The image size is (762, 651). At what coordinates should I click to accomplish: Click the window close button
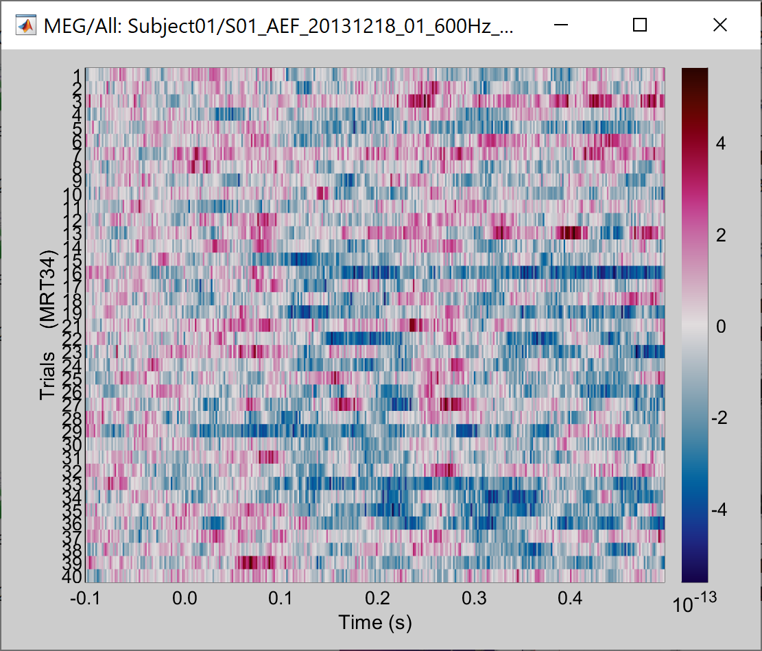point(719,25)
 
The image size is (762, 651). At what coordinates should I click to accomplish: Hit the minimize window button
point(561,25)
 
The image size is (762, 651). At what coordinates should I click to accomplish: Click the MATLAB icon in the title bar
point(27,26)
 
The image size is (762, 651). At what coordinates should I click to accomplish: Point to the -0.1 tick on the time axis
point(86,599)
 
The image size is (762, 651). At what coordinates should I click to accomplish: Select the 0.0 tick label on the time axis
point(184,599)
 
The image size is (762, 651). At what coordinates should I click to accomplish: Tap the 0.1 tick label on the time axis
point(280,599)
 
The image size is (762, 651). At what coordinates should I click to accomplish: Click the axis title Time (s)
point(374,622)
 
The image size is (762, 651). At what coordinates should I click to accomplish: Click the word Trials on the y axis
point(47,376)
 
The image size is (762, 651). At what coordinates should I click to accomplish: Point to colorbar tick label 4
point(720,143)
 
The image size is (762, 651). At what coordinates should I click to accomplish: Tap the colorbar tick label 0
point(720,327)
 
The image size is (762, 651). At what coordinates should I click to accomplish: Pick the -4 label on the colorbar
point(717,510)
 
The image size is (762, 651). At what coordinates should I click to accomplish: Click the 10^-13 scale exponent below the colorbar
point(694,604)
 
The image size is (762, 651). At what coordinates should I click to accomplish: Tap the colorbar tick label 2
point(720,235)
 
